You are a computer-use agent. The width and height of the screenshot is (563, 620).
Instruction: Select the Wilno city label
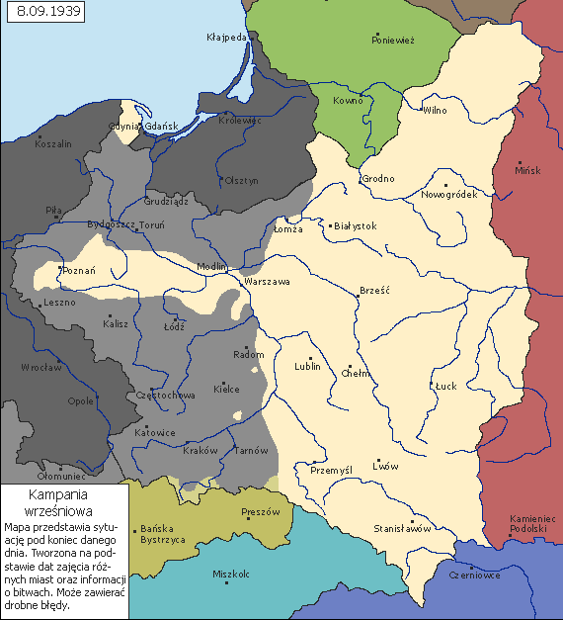pyautogui.click(x=436, y=111)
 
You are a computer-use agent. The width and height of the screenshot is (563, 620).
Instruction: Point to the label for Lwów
pyautogui.click(x=385, y=466)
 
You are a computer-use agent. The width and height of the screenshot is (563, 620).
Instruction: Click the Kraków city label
pyautogui.click(x=201, y=451)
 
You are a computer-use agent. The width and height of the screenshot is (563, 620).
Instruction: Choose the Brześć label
pyautogui.click(x=376, y=292)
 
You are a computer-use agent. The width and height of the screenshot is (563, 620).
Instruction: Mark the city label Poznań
pyautogui.click(x=79, y=271)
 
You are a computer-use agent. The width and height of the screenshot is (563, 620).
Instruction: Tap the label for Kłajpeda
pyautogui.click(x=225, y=38)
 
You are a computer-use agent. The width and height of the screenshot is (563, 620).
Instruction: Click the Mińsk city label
pyautogui.click(x=528, y=170)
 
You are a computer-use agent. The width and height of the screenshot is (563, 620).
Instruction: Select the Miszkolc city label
pyautogui.click(x=232, y=574)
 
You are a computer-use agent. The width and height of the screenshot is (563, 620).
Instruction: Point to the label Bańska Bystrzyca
pyautogui.click(x=166, y=535)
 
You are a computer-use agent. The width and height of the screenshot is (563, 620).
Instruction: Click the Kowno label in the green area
pyautogui.click(x=348, y=101)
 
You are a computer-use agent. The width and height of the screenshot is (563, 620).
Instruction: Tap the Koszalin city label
pyautogui.click(x=53, y=144)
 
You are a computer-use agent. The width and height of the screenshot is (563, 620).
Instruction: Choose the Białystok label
pyautogui.click(x=356, y=226)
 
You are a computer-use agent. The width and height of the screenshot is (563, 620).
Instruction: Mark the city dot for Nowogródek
pyautogui.click(x=445, y=185)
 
